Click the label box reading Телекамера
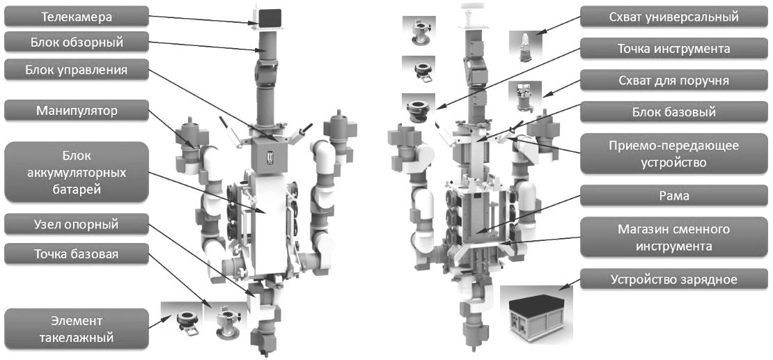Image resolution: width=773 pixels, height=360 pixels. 77,16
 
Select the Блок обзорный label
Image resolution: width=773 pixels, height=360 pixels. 77,42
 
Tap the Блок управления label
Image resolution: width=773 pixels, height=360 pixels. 77,70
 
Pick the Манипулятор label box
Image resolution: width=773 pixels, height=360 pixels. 77,111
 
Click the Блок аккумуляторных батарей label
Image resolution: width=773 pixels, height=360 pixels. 77,172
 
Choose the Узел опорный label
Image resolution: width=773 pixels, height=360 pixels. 77,224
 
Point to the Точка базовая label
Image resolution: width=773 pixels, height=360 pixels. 77,253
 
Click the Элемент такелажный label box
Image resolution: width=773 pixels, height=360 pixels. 77,329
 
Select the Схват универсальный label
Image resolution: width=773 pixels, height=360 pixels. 674,16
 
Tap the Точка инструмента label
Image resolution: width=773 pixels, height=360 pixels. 674,49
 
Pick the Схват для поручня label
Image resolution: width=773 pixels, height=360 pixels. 674,80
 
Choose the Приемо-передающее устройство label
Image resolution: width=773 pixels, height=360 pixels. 674,153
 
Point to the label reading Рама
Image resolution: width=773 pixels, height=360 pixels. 674,195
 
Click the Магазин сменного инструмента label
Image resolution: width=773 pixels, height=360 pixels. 674,237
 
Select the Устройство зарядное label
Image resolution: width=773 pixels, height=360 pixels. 674,280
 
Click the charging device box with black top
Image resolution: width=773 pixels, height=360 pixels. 536,318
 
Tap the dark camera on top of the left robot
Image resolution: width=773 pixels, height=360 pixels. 269,17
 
